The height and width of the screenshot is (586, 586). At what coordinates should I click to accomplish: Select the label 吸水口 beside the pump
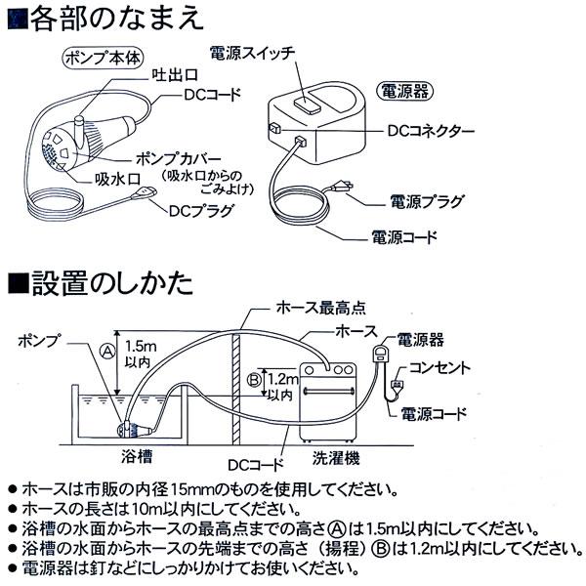pyautogui.click(x=115, y=179)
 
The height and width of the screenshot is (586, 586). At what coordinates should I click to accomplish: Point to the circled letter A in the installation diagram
pyautogui.click(x=106, y=347)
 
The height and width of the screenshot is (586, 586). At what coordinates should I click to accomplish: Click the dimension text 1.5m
pyautogui.click(x=142, y=346)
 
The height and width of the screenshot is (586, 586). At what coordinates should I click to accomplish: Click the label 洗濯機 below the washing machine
pyautogui.click(x=338, y=455)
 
